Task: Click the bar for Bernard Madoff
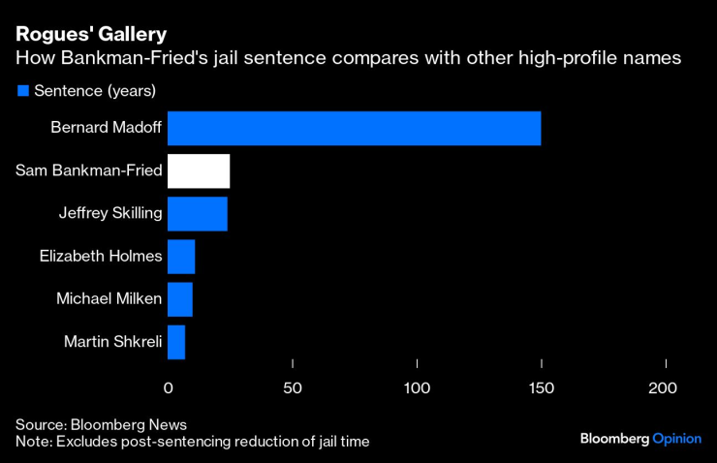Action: pos(354,128)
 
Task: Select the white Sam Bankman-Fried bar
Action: pos(199,170)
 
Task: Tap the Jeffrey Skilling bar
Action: pos(198,213)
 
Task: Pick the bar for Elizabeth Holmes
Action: pos(181,256)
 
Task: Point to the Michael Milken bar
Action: pos(180,298)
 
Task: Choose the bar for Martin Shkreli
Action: pos(176,341)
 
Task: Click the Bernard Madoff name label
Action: pos(107,128)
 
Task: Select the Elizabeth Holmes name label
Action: pos(101,256)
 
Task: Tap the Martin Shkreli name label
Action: pos(112,341)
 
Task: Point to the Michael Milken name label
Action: pos(109,298)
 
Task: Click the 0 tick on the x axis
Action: pos(168,387)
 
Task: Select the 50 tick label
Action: pos(293,387)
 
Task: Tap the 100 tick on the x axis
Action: pos(417,387)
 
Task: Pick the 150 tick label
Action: pos(542,387)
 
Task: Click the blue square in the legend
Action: pos(22,91)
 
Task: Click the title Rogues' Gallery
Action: pos(84,35)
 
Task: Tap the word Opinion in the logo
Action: pos(676,438)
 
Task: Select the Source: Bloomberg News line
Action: pos(101,424)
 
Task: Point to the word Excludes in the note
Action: pos(87,441)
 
